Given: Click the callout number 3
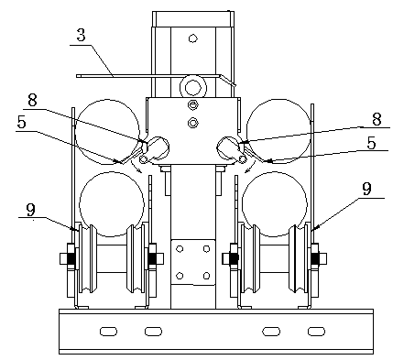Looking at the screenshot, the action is [x=81, y=35].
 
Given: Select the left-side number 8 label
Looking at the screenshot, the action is [x=32, y=100].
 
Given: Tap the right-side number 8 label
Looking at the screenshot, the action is [x=377, y=119].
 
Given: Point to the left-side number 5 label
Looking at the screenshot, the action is [x=22, y=123].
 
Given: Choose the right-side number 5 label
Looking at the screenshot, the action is [x=371, y=143].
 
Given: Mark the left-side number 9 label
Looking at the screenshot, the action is [x=30, y=209].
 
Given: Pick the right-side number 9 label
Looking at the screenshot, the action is [x=366, y=189].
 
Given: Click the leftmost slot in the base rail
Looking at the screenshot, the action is [x=108, y=332].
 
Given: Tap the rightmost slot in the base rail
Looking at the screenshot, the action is [x=317, y=332].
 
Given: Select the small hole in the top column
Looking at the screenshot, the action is [x=192, y=38].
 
